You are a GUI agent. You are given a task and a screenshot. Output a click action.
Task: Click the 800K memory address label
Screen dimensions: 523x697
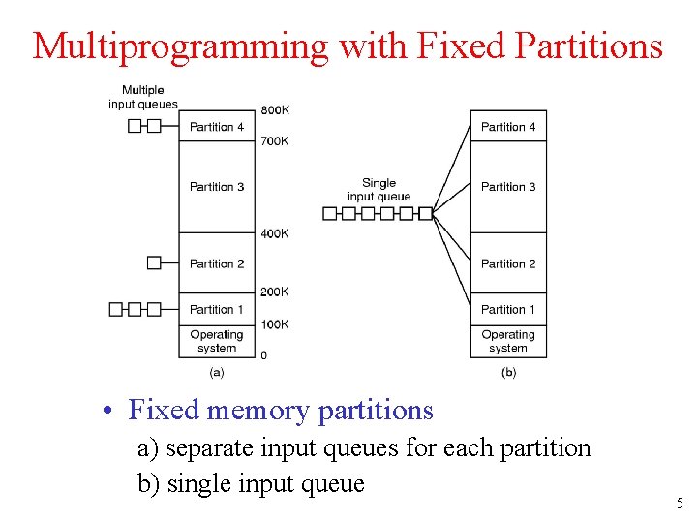274,109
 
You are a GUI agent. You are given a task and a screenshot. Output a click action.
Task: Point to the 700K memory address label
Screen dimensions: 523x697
274,141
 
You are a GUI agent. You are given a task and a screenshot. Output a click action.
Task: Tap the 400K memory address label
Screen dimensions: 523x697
274,233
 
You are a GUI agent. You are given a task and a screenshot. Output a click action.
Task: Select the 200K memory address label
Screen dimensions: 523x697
274,292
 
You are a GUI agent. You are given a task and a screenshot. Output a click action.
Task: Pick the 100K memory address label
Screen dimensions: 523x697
274,324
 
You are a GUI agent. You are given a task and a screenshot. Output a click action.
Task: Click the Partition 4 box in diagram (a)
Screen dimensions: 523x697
217,126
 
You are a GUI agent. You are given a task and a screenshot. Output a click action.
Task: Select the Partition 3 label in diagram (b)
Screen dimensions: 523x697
508,187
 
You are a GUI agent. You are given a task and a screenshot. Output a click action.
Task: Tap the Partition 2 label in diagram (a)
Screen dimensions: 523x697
217,263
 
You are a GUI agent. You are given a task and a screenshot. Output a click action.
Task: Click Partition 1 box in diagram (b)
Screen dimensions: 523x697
508,309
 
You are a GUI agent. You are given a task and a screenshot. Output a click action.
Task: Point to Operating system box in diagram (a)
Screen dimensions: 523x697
217,341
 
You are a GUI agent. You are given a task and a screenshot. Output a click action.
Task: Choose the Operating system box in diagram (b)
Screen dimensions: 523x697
508,341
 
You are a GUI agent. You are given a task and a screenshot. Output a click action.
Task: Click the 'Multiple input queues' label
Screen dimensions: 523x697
143,98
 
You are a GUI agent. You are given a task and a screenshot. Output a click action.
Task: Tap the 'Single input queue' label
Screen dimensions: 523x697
379,190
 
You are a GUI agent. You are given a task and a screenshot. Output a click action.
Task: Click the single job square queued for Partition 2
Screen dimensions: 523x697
154,262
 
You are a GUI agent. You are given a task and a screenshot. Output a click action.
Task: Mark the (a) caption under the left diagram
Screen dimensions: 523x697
217,372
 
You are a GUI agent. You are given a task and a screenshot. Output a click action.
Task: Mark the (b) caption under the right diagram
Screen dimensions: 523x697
508,372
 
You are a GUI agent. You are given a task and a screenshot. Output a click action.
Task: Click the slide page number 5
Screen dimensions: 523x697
679,503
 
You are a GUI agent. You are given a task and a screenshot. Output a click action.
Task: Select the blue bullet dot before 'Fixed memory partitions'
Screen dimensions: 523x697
114,412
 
